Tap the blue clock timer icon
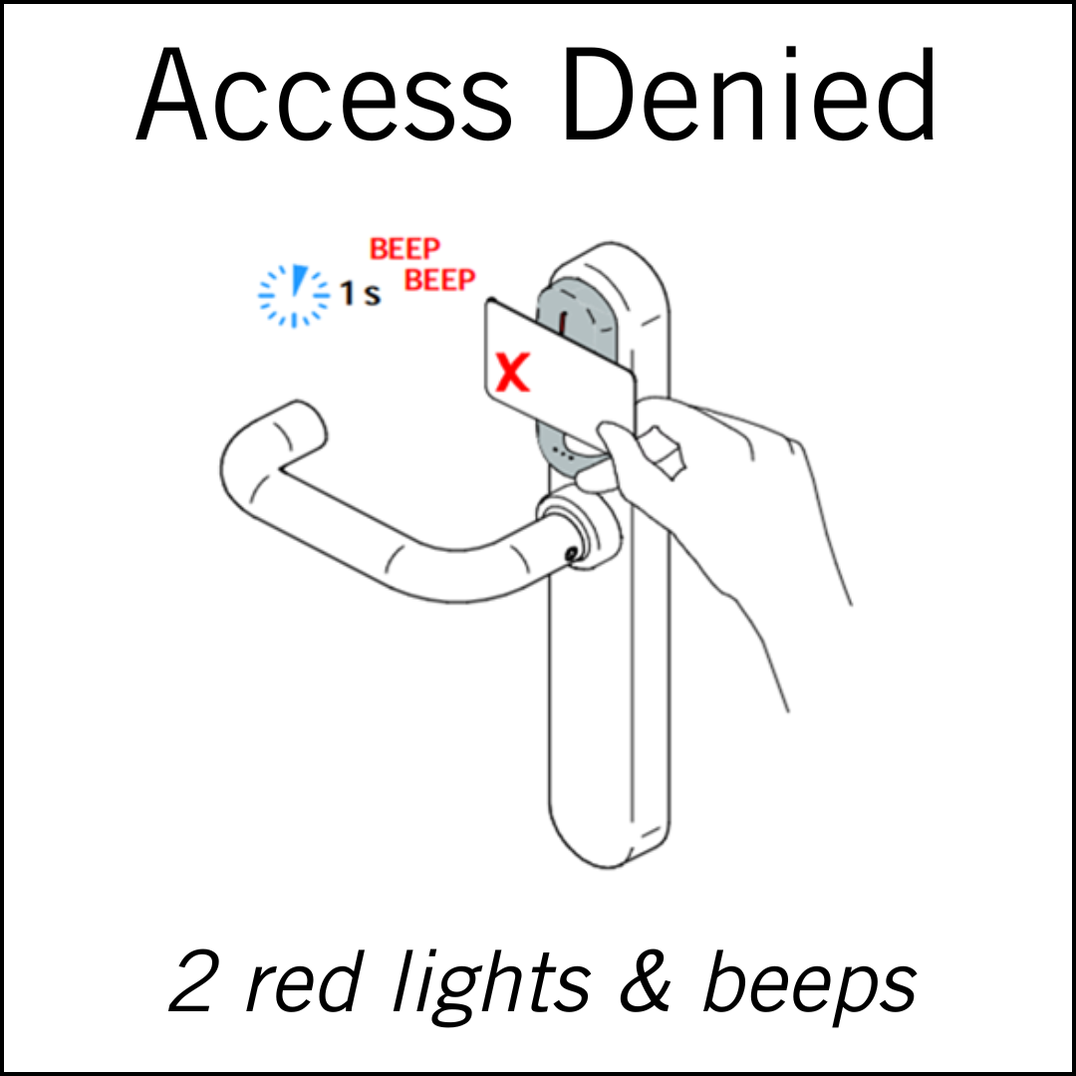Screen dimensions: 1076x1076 [293, 294]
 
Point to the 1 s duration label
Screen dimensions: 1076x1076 [359, 295]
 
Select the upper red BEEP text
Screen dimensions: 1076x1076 [404, 249]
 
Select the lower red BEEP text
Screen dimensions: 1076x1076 [439, 280]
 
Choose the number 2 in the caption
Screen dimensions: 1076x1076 [195, 981]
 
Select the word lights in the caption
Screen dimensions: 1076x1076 [488, 981]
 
